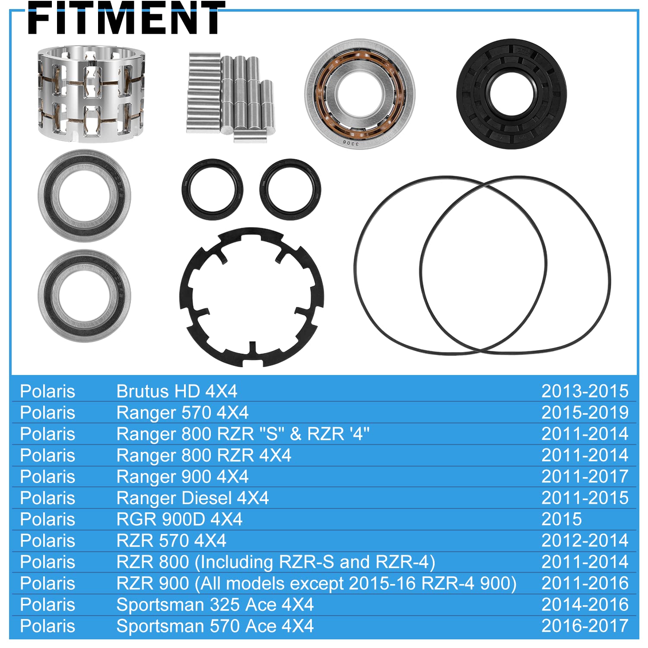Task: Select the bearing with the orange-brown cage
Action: point(359,94)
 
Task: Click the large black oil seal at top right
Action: point(511,94)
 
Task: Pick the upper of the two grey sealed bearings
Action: point(84,195)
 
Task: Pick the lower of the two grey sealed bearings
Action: point(84,296)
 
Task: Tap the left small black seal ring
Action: point(212,189)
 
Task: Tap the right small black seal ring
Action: point(290,189)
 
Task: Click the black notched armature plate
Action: point(251,297)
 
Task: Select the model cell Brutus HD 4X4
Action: point(177,391)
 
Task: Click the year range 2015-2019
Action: point(584,413)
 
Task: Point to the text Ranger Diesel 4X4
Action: point(193,498)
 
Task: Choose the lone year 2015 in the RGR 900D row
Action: point(561,519)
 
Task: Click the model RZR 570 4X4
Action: point(171,541)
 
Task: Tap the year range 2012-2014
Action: point(584,541)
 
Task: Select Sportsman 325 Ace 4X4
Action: point(215,605)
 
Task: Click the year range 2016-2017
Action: point(584,626)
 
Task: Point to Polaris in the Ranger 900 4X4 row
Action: point(48,477)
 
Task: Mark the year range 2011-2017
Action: point(584,477)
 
